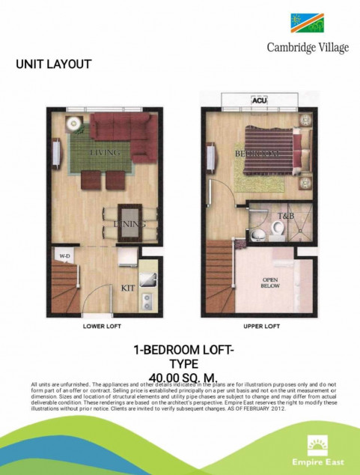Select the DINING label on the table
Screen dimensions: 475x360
click(x=124, y=223)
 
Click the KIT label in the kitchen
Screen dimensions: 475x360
click(x=128, y=288)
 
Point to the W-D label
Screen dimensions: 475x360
click(x=64, y=256)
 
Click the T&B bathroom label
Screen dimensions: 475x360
click(x=286, y=216)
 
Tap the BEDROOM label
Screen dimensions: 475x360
click(x=257, y=153)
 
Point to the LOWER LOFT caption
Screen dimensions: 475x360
click(x=103, y=327)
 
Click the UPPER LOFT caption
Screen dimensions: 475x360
click(x=260, y=327)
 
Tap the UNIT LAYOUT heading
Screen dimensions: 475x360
click(x=53, y=64)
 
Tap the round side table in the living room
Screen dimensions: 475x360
click(x=73, y=124)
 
